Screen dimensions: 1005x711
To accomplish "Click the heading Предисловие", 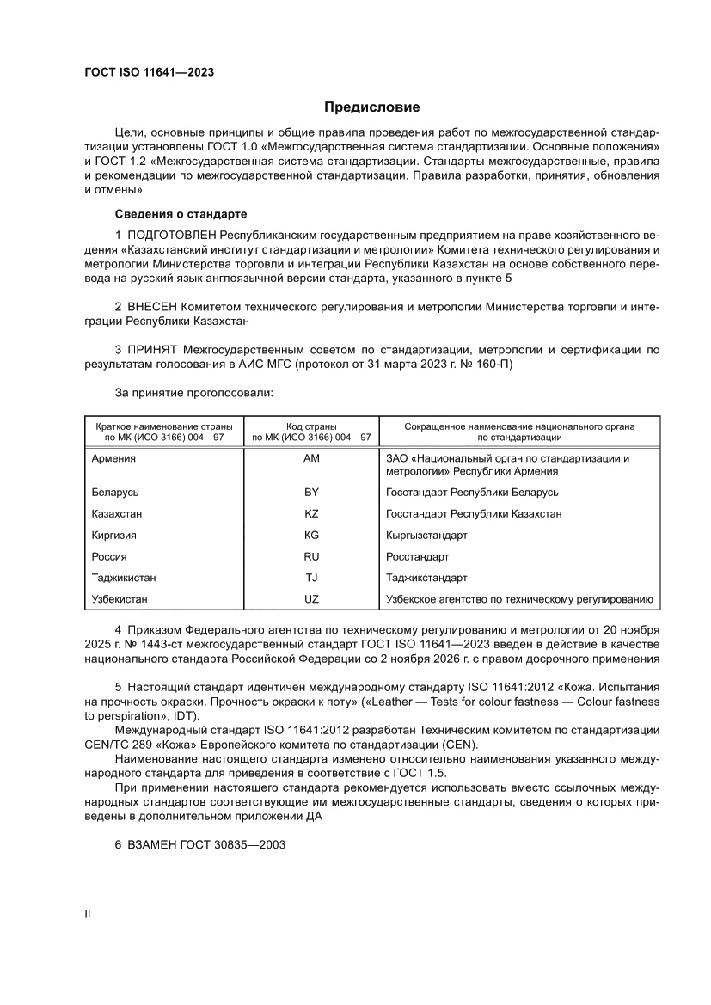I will coord(371,107).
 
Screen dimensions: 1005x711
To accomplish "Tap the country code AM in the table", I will coord(311,458).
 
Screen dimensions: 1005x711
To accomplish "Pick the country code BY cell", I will coord(311,493).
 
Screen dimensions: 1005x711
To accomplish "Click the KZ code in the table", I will coord(311,514).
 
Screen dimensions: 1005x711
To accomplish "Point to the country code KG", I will coord(311,536).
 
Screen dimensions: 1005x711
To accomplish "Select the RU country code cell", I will coord(311,557).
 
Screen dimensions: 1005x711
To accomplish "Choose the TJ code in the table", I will coord(311,579).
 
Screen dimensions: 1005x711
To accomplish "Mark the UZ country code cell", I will coord(311,600).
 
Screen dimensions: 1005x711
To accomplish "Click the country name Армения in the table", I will coord(113,458).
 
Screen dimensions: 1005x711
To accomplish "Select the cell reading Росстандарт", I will coord(418,557).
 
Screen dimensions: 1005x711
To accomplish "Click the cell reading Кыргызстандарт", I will coord(427,536).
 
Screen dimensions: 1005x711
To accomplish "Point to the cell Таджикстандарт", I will coord(427,579).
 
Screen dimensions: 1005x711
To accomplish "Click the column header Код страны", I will coord(311,426).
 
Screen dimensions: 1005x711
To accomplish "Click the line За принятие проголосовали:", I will coord(193,392).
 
